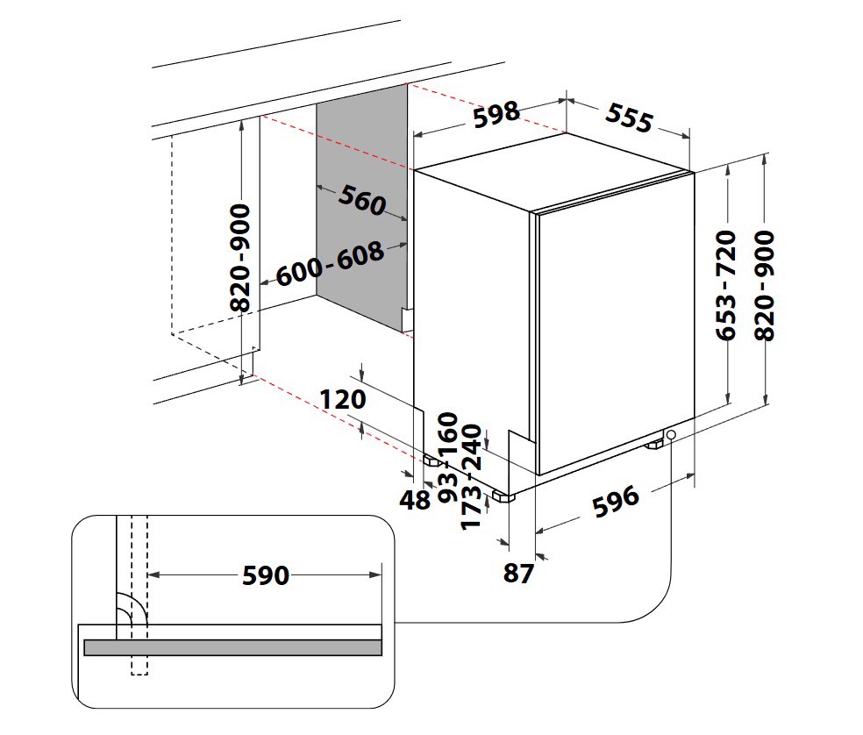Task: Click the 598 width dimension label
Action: click(x=496, y=115)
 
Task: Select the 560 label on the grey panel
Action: click(x=361, y=201)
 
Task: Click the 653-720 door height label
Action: click(x=725, y=285)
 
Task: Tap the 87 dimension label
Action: click(x=518, y=574)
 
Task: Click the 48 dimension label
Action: click(x=415, y=501)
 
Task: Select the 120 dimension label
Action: click(x=341, y=400)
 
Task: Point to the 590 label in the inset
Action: click(x=265, y=575)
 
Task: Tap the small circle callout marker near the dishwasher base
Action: click(x=671, y=435)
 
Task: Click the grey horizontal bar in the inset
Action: click(x=232, y=647)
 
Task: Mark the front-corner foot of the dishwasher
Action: click(x=503, y=497)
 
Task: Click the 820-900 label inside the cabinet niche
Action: click(x=240, y=259)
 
